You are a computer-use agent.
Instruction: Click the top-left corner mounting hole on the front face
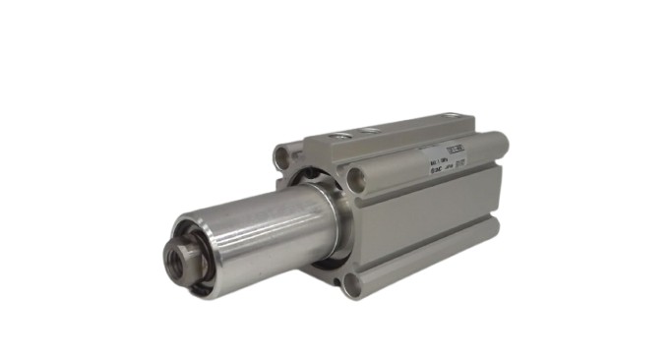[x=284, y=155]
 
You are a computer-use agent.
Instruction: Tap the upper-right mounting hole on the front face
[x=355, y=178]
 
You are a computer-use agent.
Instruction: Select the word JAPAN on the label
[x=450, y=168]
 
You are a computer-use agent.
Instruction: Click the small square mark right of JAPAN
[x=462, y=165]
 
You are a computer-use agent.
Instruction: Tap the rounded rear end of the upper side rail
[x=500, y=145]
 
